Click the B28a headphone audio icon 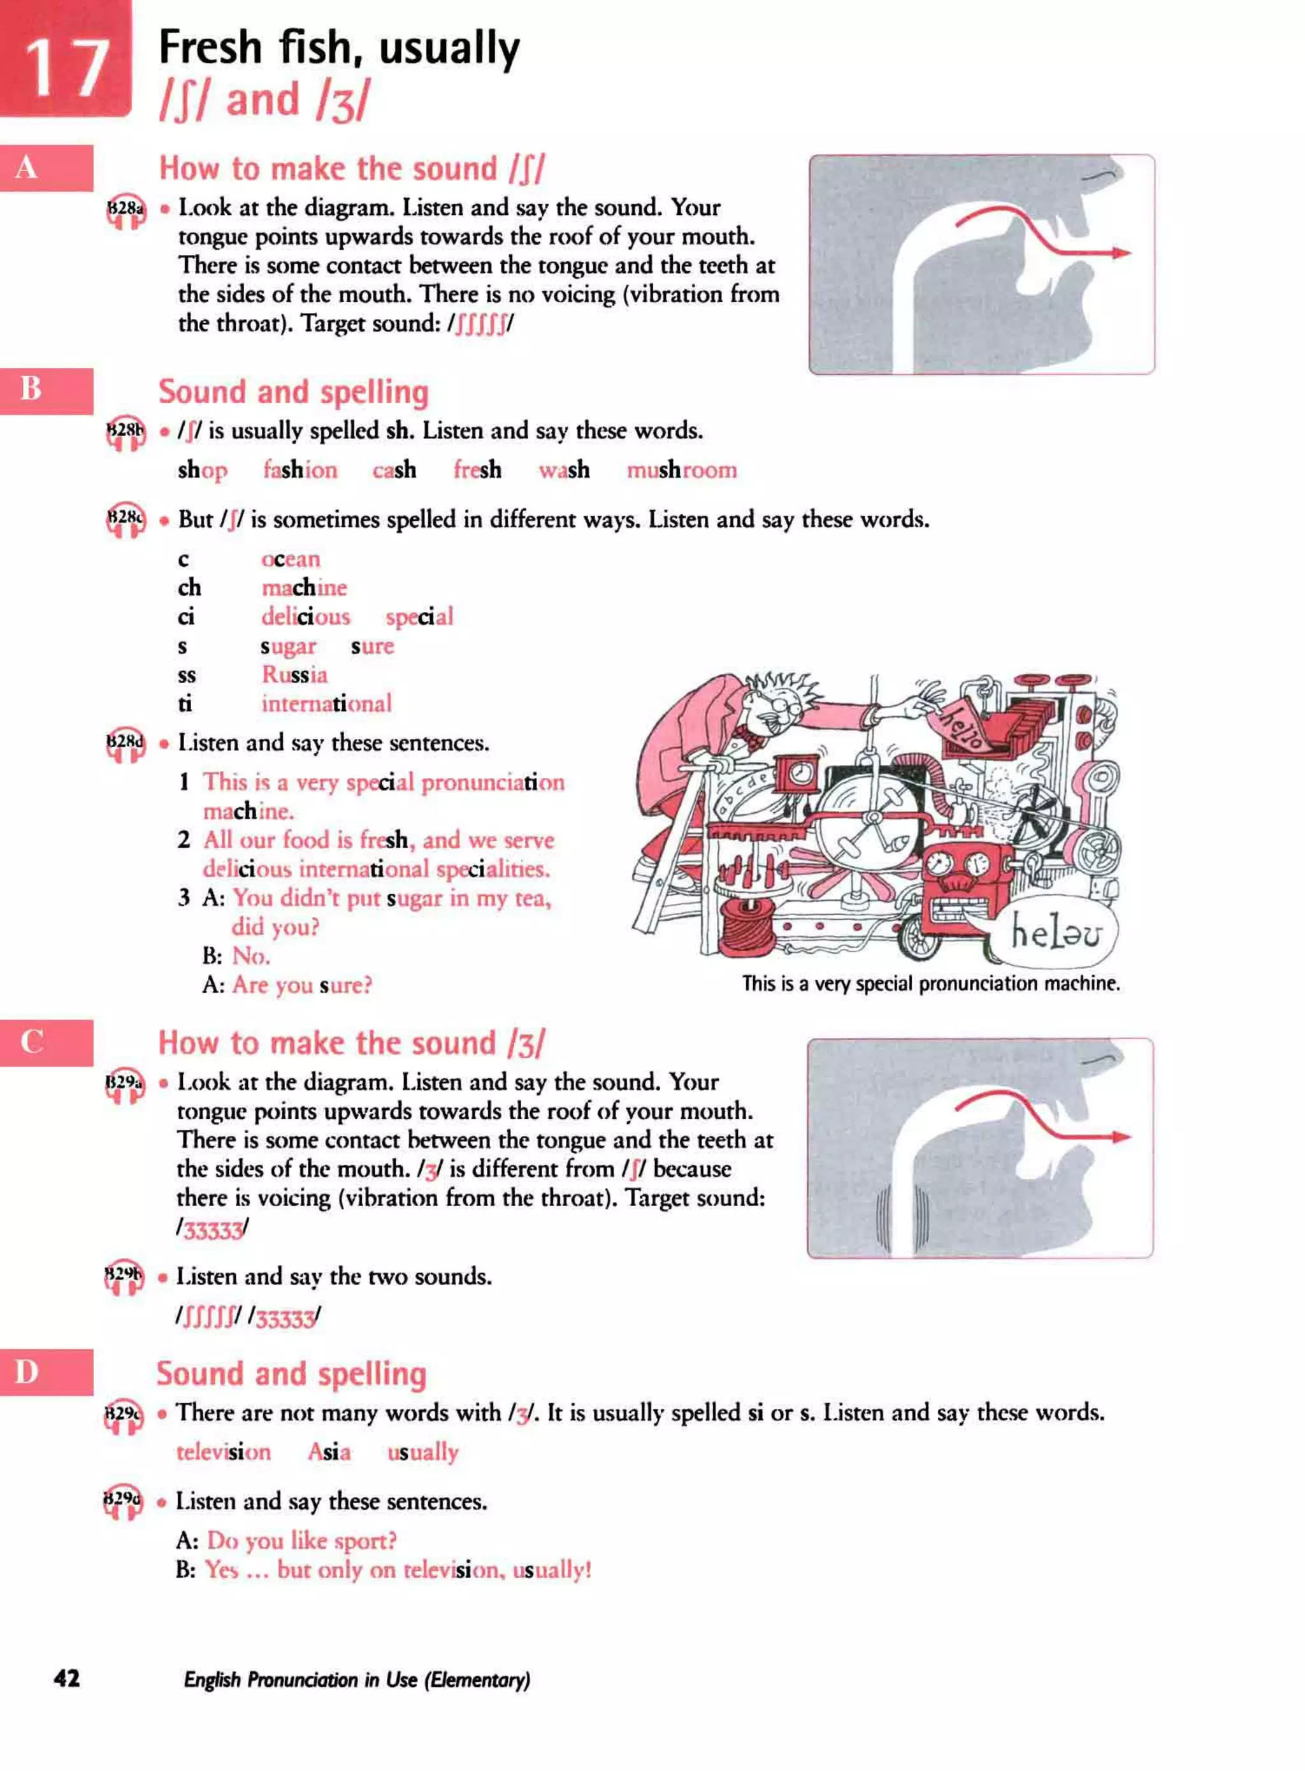[126, 212]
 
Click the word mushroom [681, 470]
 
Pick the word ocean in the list [291, 560]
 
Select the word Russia [294, 675]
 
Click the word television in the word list [223, 1452]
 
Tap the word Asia [329, 1452]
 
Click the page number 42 [66, 1679]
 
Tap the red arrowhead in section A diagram [1121, 253]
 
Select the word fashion [299, 470]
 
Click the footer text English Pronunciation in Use [356, 1679]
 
